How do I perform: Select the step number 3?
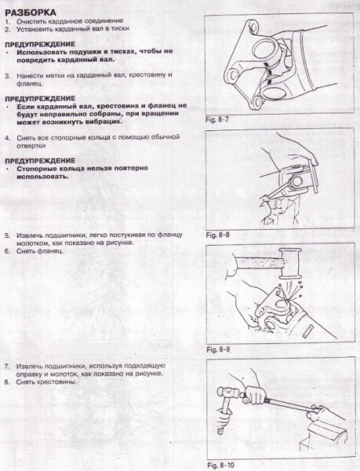(x=6, y=76)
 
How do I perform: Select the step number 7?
(x=6, y=366)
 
